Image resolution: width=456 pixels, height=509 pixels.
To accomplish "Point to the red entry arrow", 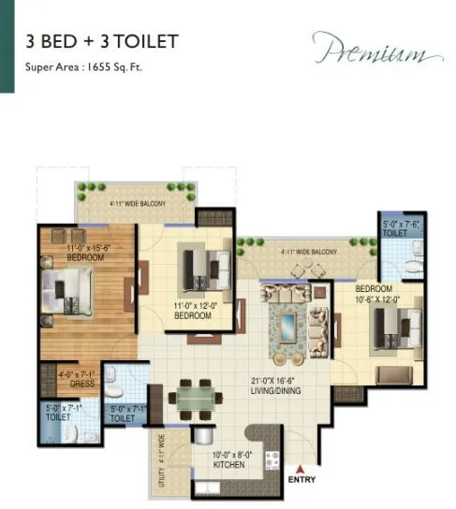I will coord(301,469).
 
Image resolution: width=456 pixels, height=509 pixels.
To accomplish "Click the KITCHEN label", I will coord(228,466).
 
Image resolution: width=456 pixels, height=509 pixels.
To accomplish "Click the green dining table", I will coord(194,398).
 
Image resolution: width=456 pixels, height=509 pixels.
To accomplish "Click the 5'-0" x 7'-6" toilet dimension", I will coord(400,225).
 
